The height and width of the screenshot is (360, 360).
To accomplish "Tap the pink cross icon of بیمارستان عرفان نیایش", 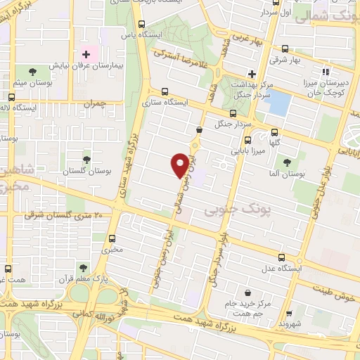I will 86,53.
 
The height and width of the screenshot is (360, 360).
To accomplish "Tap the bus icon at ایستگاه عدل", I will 282,258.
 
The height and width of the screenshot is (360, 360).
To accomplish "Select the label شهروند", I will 289,325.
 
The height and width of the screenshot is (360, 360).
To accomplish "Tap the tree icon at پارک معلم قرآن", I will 83,268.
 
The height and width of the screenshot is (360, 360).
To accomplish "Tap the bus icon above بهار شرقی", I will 285,49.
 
